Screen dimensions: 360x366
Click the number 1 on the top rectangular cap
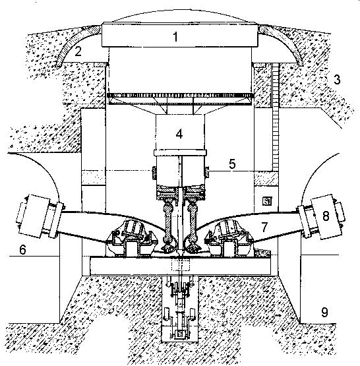[175, 37]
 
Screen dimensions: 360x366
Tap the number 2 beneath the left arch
[78, 51]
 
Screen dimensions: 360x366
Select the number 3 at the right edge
[337, 79]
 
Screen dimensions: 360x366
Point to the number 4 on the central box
[179, 134]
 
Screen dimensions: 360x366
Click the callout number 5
[232, 164]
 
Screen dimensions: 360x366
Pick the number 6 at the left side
[22, 249]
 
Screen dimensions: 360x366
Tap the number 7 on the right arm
[264, 227]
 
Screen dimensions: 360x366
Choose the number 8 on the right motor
[326, 216]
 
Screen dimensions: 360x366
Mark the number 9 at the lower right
[324, 312]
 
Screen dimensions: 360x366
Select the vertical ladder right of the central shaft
[276, 116]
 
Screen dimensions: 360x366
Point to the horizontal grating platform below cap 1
[179, 96]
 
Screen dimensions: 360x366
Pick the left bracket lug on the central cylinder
[154, 173]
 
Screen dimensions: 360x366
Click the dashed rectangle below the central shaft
[181, 264]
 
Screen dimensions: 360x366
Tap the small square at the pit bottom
[180, 334]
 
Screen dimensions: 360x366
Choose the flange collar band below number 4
[180, 152]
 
